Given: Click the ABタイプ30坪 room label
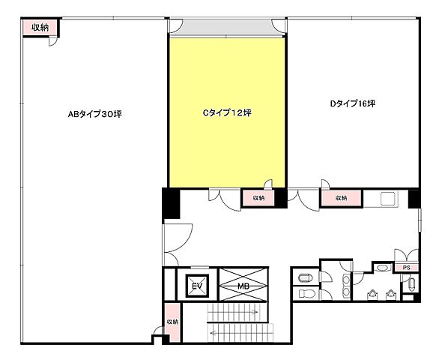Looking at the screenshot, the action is click(x=95, y=114).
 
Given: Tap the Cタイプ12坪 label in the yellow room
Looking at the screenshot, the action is click(x=227, y=112).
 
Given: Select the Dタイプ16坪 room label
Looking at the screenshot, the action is click(x=353, y=103).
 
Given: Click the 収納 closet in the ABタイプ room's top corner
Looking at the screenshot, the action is click(x=40, y=28).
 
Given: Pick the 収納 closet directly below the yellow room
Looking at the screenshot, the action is click(x=258, y=198).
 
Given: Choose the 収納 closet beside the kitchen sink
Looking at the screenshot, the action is click(x=341, y=198).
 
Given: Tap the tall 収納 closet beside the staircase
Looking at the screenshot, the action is click(x=172, y=322).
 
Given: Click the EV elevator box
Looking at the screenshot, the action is click(x=197, y=286).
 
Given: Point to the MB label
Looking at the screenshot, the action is click(x=243, y=286).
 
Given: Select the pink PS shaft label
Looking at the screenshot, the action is click(x=406, y=268).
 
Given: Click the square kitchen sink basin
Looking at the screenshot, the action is click(x=389, y=199).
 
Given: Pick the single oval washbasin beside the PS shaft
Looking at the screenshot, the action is click(x=382, y=268).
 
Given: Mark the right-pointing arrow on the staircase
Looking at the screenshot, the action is click(x=234, y=312).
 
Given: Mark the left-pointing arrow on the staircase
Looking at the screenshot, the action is click(x=241, y=333).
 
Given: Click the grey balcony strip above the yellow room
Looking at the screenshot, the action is click(x=227, y=28).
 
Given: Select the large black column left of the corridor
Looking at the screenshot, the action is click(x=171, y=203).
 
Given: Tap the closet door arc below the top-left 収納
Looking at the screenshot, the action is click(x=53, y=42).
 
